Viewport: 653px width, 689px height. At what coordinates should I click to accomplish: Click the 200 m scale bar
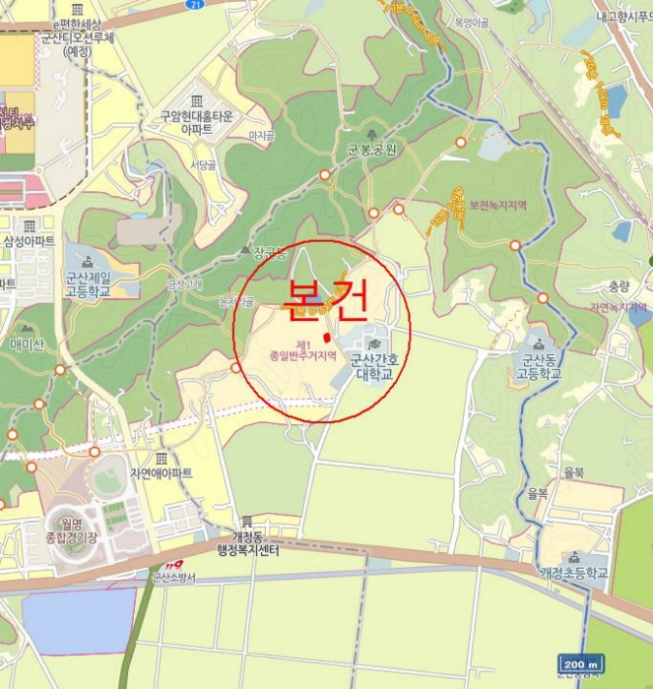pos(579,664)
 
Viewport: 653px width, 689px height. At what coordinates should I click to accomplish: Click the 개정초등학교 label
pos(574,573)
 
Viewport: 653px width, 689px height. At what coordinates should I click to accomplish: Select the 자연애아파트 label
pos(161,472)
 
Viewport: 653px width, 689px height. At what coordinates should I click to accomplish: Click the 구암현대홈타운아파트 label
pos(197,122)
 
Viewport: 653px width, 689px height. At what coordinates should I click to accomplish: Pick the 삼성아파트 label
pos(29,240)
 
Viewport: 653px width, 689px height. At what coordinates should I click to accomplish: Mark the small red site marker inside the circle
pos(326,337)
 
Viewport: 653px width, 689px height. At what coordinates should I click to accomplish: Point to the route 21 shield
pos(196,5)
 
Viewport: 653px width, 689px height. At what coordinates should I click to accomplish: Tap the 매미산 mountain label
pos(28,344)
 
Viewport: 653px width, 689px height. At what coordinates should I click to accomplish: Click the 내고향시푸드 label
pos(624,16)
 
